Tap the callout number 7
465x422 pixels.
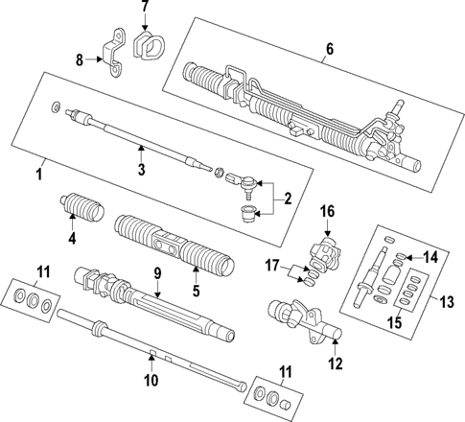[145, 9]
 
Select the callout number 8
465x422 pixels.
[80, 60]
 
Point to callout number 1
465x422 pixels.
[39, 176]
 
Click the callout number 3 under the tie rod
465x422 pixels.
[140, 171]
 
